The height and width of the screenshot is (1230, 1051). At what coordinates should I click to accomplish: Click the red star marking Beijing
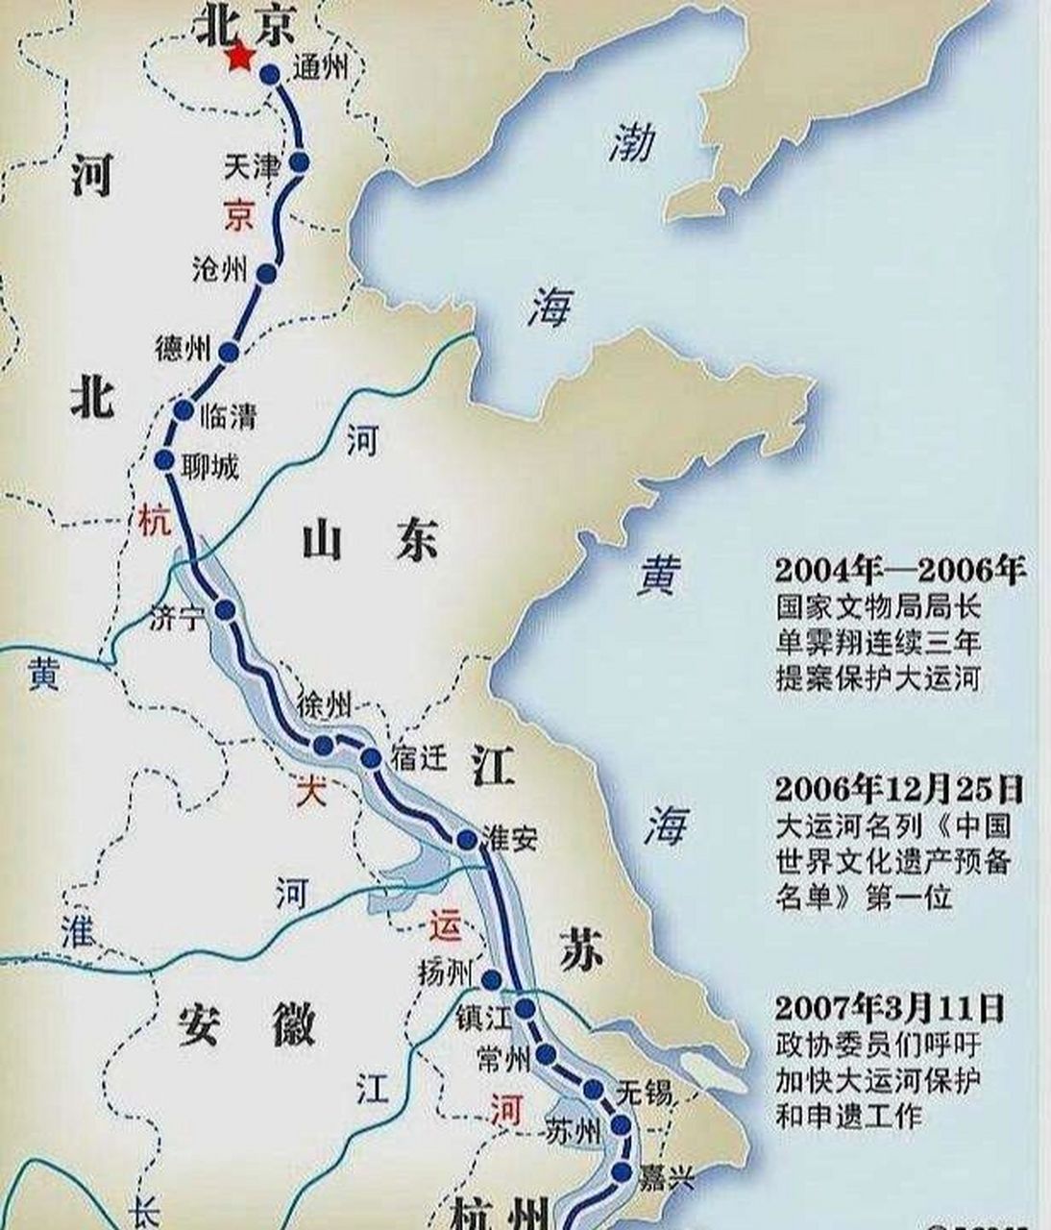click(x=239, y=59)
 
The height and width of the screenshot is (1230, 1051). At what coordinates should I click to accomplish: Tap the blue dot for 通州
click(x=270, y=75)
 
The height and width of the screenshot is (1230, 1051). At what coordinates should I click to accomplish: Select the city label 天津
click(x=251, y=167)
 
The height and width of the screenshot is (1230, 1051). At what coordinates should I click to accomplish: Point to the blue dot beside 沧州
click(x=267, y=275)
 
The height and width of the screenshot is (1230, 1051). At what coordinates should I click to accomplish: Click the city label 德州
click(x=183, y=348)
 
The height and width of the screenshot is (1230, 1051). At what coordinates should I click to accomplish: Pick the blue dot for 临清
click(x=183, y=411)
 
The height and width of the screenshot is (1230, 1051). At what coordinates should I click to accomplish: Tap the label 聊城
click(x=209, y=467)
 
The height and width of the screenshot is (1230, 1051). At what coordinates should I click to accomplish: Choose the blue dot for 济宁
click(x=226, y=610)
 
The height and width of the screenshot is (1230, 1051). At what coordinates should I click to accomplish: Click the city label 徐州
click(x=325, y=705)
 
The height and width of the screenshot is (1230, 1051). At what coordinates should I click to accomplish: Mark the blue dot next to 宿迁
click(x=371, y=759)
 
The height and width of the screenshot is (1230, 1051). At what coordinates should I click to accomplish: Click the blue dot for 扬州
click(x=491, y=980)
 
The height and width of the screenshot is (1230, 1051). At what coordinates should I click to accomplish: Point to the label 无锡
click(x=644, y=1093)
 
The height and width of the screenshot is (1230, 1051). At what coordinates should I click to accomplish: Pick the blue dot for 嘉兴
click(x=622, y=1171)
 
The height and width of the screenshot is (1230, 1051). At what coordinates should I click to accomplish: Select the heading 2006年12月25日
click(x=899, y=790)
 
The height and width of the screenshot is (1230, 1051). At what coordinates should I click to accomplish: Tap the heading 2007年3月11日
click(x=890, y=1008)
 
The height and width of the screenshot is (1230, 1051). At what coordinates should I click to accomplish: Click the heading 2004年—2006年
click(x=900, y=571)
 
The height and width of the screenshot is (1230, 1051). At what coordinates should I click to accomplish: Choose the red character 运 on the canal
click(x=445, y=927)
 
